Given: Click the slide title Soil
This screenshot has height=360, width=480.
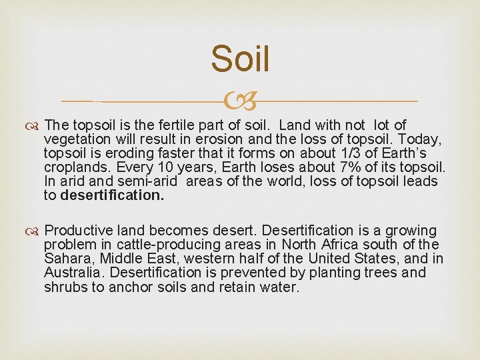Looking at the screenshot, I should (x=240, y=59).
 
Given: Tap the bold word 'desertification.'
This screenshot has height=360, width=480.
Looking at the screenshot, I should (x=111, y=195).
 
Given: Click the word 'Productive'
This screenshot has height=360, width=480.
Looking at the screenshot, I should (x=83, y=231).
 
